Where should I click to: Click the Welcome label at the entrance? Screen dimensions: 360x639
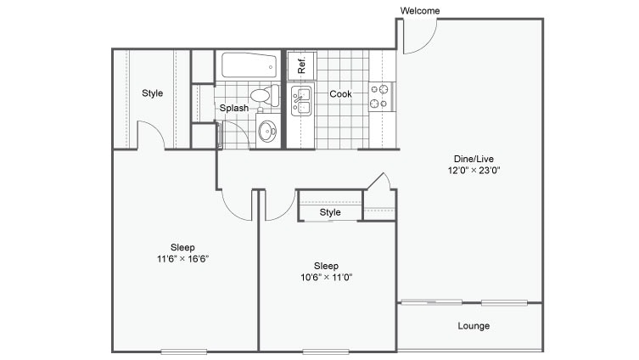(420, 10)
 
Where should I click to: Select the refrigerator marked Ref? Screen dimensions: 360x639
(300, 65)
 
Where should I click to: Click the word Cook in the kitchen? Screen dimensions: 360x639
(340, 94)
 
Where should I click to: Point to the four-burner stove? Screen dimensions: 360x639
(379, 95)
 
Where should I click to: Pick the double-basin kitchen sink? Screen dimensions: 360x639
(300, 100)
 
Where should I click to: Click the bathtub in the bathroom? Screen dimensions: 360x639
(249, 65)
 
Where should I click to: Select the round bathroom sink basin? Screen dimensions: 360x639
(267, 131)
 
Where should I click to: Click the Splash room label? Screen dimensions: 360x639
(234, 109)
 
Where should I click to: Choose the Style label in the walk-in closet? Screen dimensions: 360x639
(152, 93)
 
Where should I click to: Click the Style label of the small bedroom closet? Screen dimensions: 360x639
(330, 212)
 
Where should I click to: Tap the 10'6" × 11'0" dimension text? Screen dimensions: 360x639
(327, 276)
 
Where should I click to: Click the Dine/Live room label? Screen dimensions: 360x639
(469, 158)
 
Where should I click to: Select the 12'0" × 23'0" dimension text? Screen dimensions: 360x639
(469, 170)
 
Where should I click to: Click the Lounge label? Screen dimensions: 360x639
(474, 326)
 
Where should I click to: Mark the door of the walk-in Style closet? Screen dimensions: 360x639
(150, 136)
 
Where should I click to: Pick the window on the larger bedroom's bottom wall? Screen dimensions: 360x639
(183, 351)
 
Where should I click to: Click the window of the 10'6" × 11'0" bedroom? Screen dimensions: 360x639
(326, 351)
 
